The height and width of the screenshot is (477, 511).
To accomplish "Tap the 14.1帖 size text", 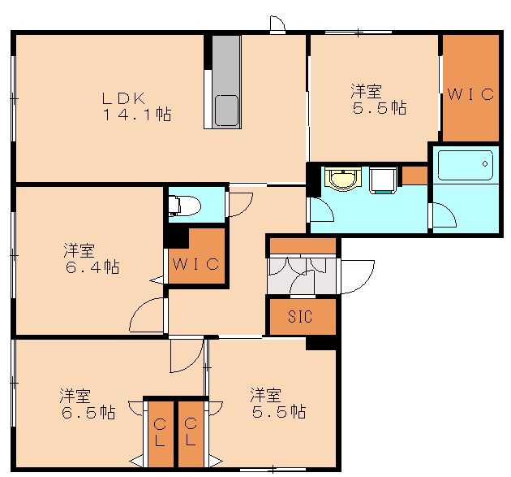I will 136,115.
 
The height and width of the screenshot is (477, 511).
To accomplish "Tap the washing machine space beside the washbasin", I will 382,180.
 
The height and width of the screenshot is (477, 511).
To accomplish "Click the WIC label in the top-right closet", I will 470,94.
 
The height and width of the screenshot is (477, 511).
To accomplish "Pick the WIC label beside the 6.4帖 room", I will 195,262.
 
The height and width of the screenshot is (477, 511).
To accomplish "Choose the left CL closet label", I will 160,432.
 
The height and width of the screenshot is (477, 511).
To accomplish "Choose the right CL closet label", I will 191,432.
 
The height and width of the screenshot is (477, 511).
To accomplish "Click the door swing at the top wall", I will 277,25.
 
